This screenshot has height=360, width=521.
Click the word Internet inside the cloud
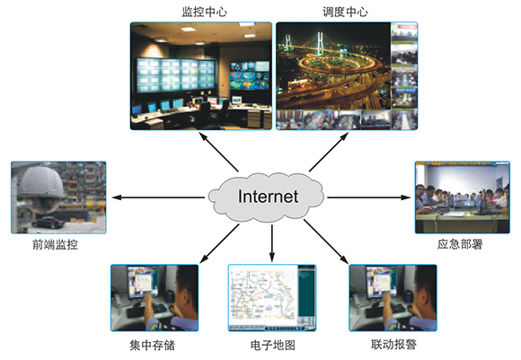(x=268, y=197)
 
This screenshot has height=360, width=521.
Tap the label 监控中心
(x=204, y=12)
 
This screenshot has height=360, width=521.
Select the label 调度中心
(x=345, y=12)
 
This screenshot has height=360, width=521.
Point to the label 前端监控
(x=55, y=245)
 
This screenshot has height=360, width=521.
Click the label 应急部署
(x=460, y=244)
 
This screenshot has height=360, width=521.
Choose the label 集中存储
(x=152, y=346)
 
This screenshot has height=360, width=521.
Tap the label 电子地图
(x=272, y=346)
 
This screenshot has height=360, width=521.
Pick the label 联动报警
(x=393, y=345)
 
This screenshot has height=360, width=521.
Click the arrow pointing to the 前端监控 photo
(x=158, y=198)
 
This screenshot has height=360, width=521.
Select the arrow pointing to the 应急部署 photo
(x=369, y=198)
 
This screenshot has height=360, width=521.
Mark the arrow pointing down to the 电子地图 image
(x=272, y=243)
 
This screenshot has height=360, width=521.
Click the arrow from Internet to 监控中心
(x=218, y=152)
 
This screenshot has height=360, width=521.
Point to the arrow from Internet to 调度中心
(x=329, y=152)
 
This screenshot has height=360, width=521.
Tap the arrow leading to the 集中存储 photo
(x=219, y=243)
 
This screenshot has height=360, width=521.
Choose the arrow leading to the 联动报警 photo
(x=326, y=241)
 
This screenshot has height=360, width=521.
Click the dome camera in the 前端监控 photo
(x=41, y=184)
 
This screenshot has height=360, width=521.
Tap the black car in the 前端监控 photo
(x=49, y=222)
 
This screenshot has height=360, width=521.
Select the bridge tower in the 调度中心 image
(x=320, y=43)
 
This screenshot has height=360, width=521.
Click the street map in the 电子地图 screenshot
(x=263, y=294)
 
